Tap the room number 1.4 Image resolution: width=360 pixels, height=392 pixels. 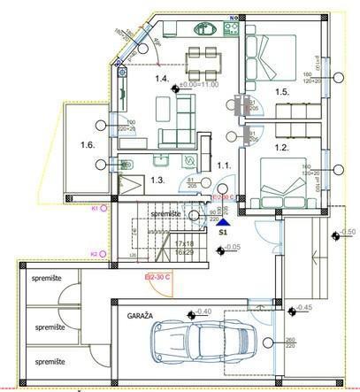click(x=162, y=80)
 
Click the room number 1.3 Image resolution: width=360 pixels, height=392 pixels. click(x=157, y=180)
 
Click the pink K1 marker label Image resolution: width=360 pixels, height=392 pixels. click(x=95, y=208)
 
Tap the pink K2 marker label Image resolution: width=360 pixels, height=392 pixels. click(x=95, y=254)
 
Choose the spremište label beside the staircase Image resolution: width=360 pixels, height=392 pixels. click(x=165, y=214)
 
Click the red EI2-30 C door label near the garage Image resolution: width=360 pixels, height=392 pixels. click(x=158, y=276)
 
